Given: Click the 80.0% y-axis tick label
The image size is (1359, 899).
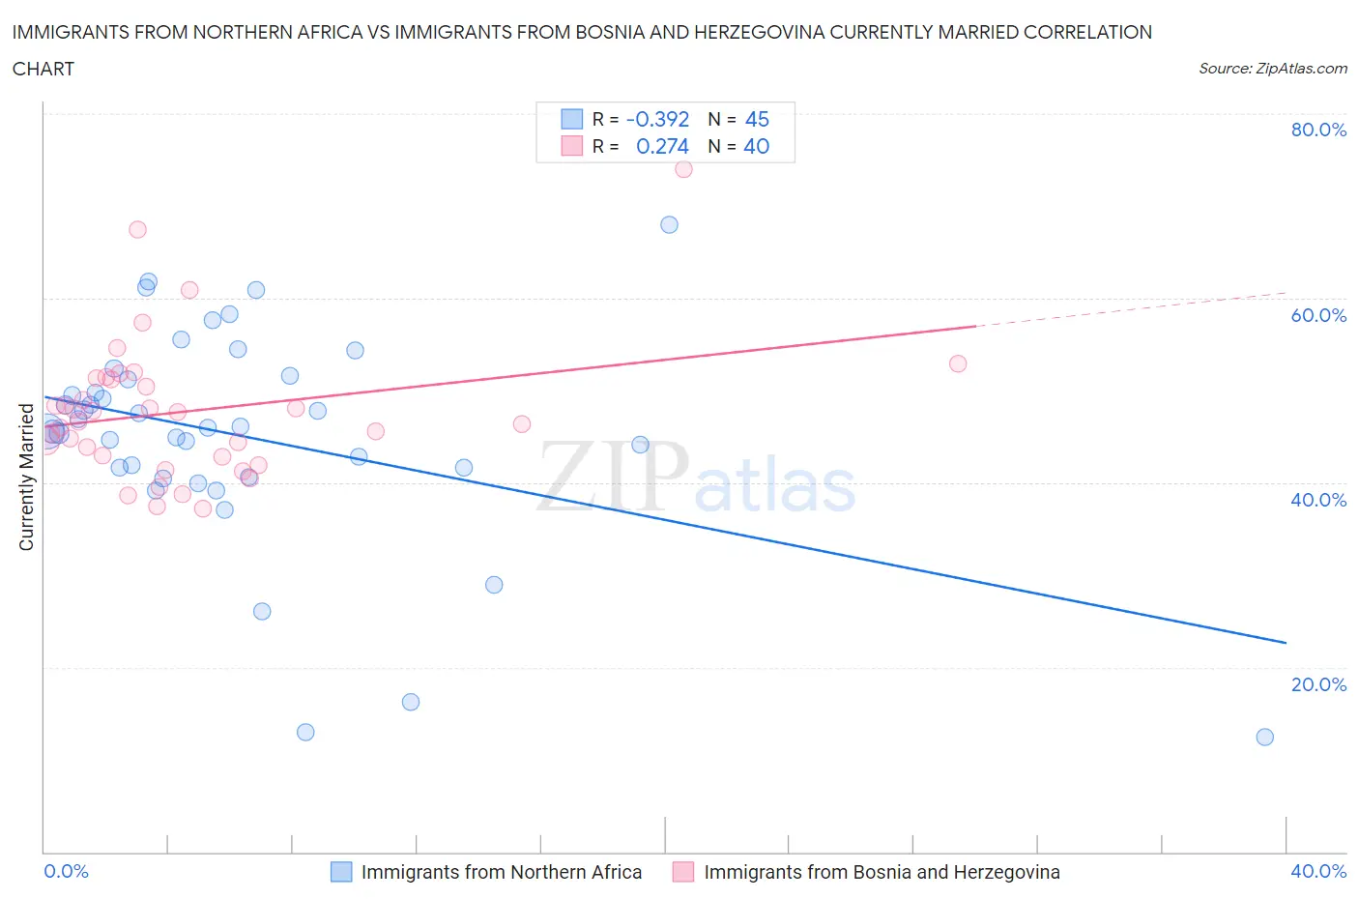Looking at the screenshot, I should tap(1318, 130).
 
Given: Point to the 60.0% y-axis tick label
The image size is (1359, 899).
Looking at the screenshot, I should tap(1318, 315).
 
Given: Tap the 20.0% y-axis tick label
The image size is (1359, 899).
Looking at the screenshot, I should tap(1318, 684).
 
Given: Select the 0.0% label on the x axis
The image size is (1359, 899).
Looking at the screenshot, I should tap(66, 871).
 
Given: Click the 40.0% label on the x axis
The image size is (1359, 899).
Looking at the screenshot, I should tap(1318, 871).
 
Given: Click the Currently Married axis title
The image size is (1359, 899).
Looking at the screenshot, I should tap(26, 478).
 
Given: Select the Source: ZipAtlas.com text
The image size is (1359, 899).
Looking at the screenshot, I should tap(1272, 68).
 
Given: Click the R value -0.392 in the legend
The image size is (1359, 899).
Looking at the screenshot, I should tap(657, 119).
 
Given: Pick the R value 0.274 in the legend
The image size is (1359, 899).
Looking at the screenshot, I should tap(662, 146).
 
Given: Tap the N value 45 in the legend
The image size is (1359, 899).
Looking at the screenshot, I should tap(757, 119).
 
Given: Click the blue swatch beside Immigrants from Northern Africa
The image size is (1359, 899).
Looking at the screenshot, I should tap(341, 872).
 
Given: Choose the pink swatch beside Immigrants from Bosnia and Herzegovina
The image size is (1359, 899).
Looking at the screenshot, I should tap(683, 872).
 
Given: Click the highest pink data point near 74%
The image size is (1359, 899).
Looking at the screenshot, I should tap(683, 168).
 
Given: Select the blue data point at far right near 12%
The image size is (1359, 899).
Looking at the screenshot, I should tap(1264, 737).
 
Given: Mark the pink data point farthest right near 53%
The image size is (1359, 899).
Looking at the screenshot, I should tap(958, 363).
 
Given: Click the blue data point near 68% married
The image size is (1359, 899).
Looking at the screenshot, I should tap(669, 224).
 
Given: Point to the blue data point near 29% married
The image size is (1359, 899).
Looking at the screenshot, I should tap(494, 585).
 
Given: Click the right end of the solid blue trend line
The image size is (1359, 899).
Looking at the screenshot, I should tap(1286, 642).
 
